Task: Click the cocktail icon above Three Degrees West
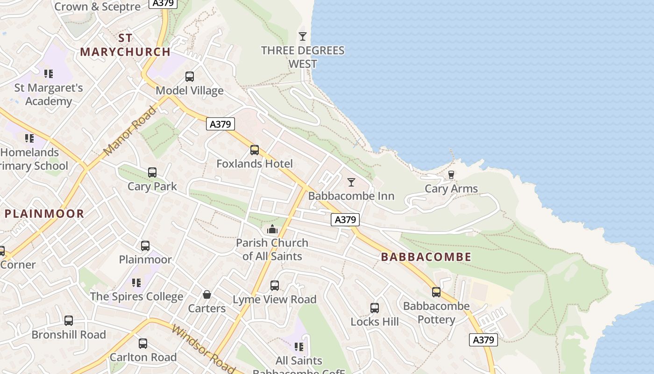[303, 36]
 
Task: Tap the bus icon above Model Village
[190, 76]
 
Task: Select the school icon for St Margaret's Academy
[49, 74]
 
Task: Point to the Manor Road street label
[130, 131]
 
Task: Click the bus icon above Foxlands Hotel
[255, 150]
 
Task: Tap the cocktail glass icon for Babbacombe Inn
[351, 182]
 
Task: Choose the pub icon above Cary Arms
[451, 175]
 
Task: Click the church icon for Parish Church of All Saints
[272, 229]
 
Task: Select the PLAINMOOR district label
[44, 214]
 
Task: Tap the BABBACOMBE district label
[426, 257]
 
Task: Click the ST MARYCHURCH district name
[125, 45]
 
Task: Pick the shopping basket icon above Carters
[207, 295]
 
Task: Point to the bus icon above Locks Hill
[375, 308]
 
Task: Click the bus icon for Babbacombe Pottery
[436, 292]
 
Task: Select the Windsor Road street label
[203, 348]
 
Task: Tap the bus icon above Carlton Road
[143, 344]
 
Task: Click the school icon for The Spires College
[136, 282]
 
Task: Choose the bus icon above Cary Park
[152, 173]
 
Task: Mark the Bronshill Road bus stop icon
[69, 321]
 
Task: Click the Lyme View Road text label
[275, 299]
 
